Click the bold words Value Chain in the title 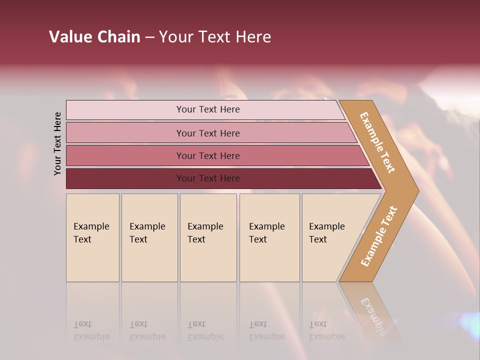point(94,37)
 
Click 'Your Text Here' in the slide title point(215,37)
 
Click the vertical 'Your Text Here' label point(57,143)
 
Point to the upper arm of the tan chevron point(377,142)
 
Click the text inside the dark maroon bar point(208,178)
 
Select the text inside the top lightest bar point(208,109)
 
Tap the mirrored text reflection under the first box point(91,330)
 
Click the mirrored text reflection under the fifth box point(327,330)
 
